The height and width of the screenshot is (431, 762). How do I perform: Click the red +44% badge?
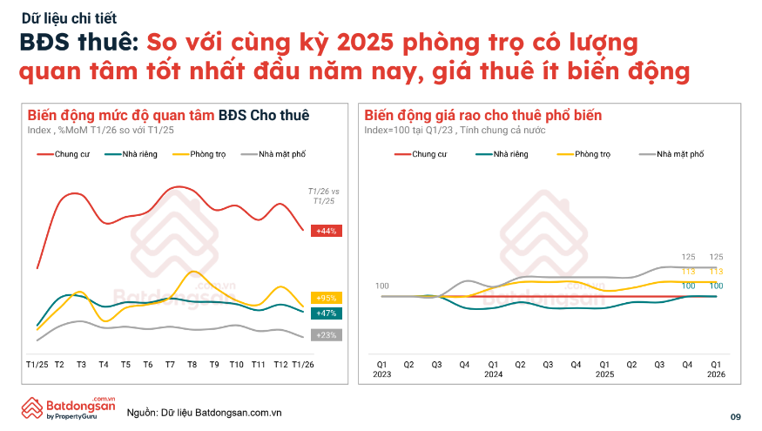(326, 231)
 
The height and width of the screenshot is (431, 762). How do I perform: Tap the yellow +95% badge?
(326, 298)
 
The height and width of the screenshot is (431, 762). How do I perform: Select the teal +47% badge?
(326, 313)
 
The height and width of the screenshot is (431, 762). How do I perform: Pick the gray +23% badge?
(326, 335)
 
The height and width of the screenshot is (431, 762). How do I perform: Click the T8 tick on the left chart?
(192, 365)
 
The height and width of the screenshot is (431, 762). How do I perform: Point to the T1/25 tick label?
(37, 365)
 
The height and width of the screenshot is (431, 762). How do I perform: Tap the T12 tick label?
(280, 365)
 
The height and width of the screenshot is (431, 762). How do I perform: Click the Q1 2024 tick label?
(493, 369)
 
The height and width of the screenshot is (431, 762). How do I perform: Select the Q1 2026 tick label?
(716, 369)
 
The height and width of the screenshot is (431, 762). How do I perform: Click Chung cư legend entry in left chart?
(64, 154)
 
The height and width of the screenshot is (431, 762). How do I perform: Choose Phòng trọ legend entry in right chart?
(583, 154)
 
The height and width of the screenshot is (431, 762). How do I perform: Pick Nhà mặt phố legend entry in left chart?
(273, 154)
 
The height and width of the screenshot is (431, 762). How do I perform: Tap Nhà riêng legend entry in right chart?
(502, 154)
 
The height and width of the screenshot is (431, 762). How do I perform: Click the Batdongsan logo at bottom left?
(69, 408)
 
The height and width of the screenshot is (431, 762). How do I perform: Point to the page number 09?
(735, 417)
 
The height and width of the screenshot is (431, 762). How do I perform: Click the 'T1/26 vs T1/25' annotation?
(324, 196)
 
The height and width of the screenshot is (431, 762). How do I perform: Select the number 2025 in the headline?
(365, 43)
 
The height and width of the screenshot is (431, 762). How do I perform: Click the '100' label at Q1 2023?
(382, 286)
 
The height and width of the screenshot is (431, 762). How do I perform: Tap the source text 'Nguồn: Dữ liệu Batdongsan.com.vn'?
(204, 413)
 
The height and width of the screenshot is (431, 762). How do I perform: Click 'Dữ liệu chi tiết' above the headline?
(69, 18)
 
